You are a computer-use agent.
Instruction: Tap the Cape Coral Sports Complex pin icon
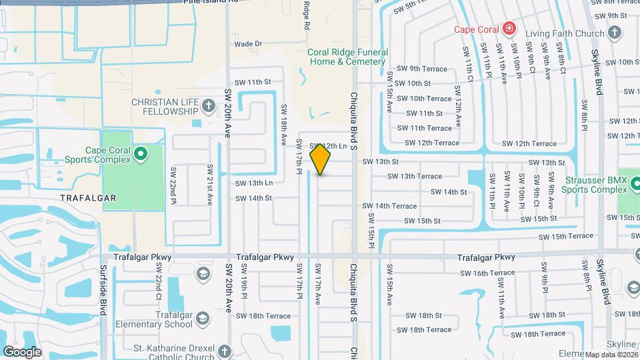141,155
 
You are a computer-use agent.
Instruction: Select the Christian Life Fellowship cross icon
209,106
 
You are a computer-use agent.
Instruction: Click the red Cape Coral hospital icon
509,28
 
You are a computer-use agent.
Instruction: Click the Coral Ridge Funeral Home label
346,57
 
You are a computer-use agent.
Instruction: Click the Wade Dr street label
248,44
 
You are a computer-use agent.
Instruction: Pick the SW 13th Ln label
254,183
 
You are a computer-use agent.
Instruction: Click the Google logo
22,351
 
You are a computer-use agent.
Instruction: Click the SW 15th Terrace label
566,236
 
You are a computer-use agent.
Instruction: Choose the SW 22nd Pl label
173,185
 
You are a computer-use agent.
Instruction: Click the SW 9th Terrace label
417,68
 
